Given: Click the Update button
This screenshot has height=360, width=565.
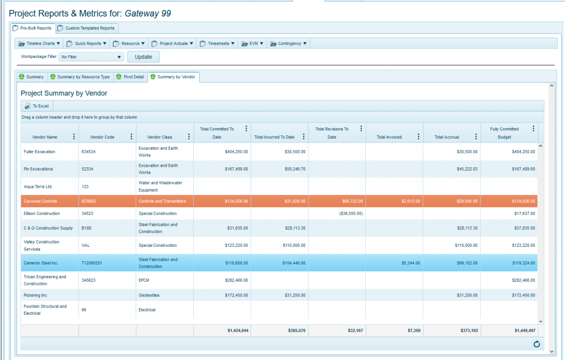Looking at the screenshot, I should coord(143,57).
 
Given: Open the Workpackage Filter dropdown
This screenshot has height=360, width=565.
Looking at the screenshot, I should coord(91,57).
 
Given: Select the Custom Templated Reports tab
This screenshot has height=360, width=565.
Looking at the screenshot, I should coord(87,28).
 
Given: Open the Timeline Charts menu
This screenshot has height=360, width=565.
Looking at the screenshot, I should coord(39,43).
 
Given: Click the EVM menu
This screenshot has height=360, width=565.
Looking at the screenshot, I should coord(253,43).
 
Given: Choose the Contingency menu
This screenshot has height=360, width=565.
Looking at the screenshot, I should coord(288,43).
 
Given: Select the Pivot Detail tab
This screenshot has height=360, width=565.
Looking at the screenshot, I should coord(131,77).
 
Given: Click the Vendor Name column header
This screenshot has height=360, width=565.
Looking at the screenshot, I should coord(45,137).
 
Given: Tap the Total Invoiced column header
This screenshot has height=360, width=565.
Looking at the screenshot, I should coord(389,137).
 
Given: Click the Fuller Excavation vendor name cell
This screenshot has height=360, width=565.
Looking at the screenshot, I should coord(39,151).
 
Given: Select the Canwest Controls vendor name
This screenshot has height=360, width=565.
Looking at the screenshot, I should coord(40,202).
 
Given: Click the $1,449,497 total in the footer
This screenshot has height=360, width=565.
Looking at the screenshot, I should coord(521,330).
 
